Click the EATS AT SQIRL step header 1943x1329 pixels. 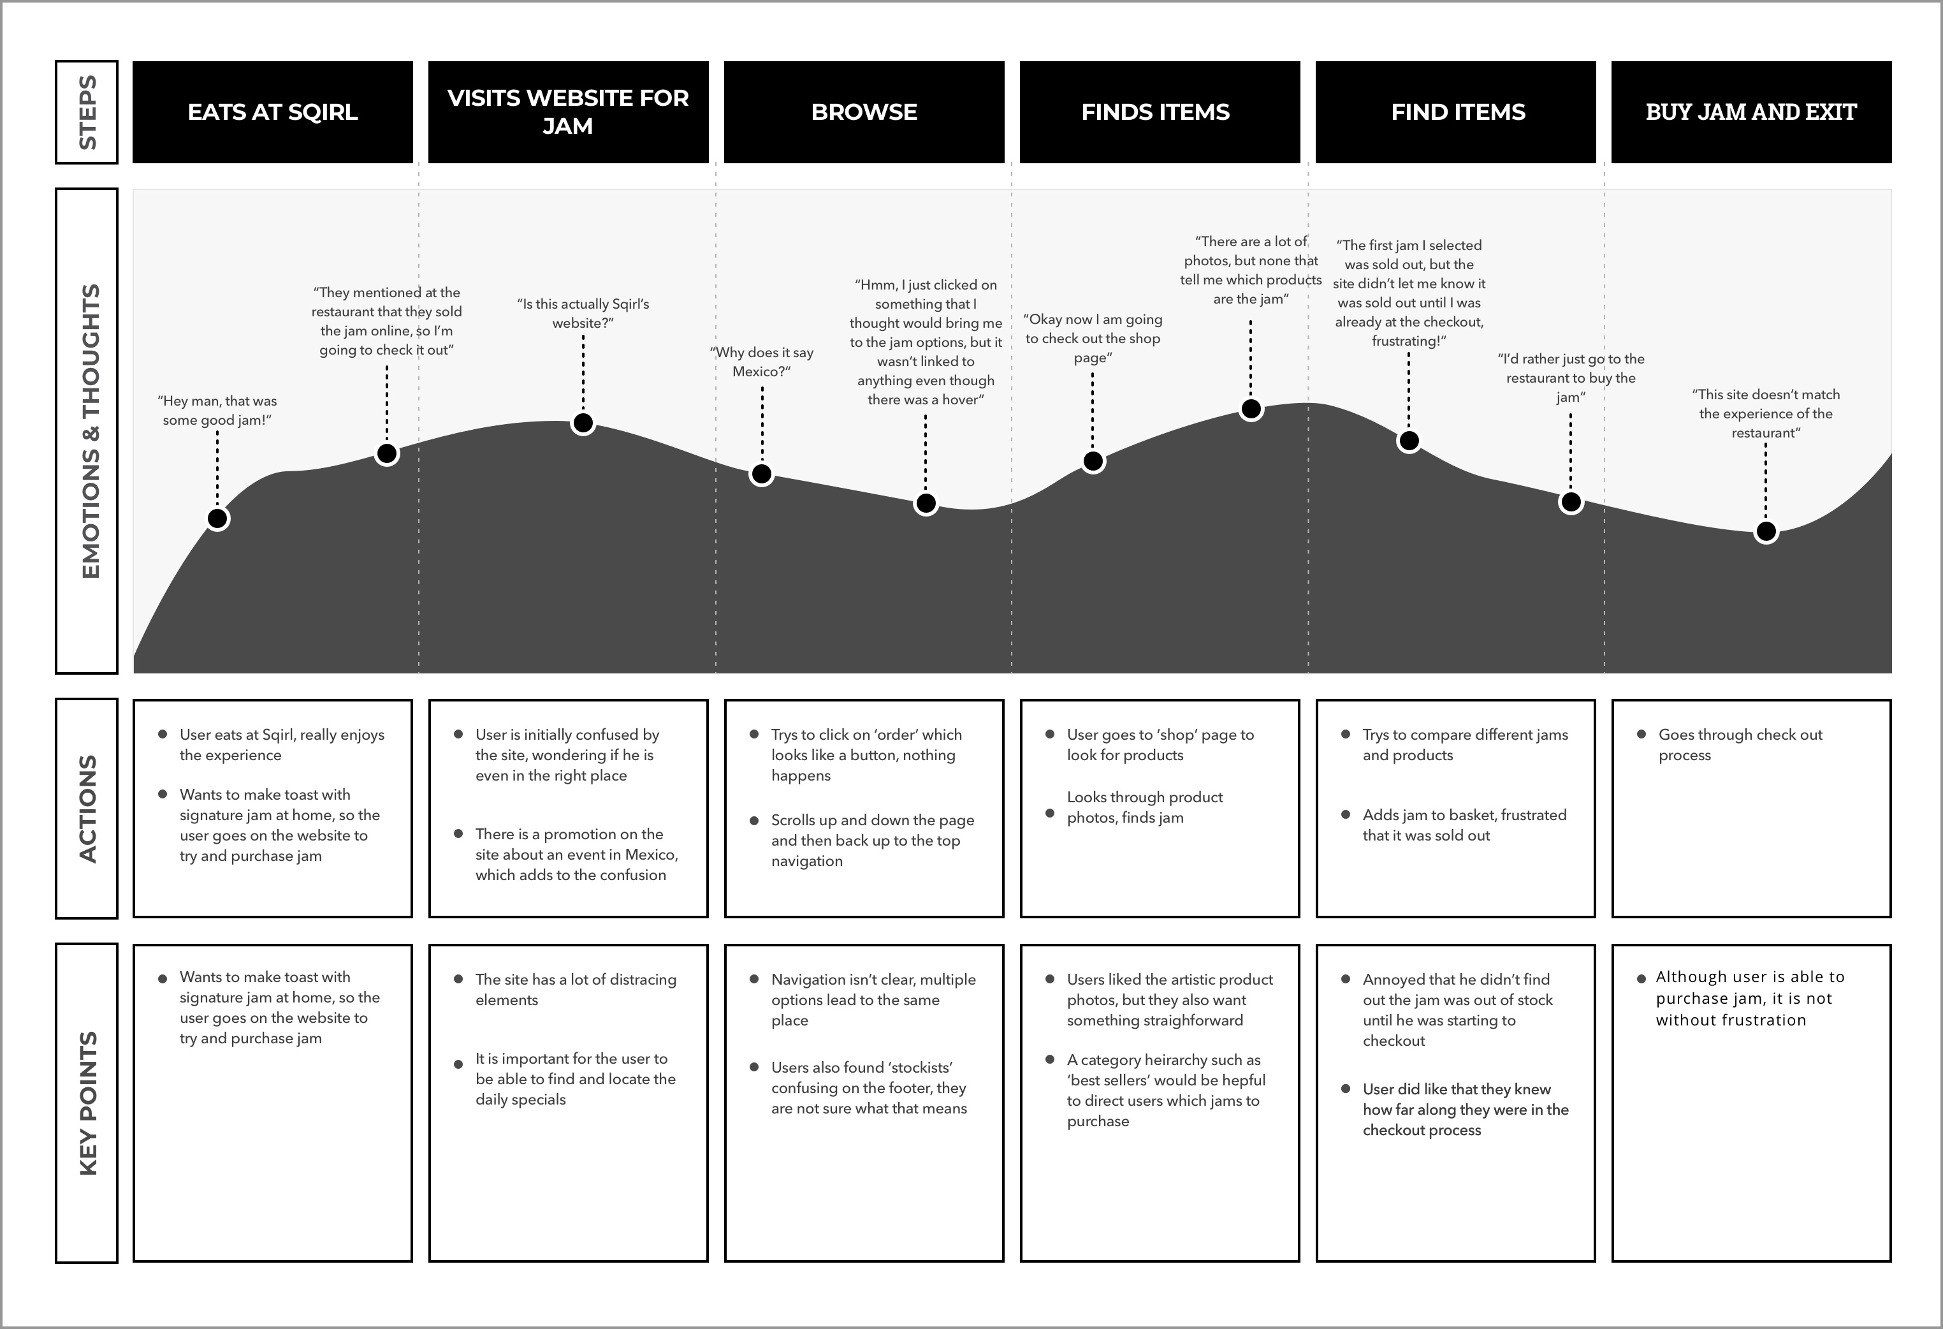click(x=273, y=112)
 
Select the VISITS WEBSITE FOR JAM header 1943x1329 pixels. click(x=568, y=112)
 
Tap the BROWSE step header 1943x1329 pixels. click(x=864, y=112)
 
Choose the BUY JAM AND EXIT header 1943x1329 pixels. click(x=1750, y=112)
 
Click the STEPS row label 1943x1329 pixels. click(x=87, y=112)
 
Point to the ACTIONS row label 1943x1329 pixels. click(x=87, y=808)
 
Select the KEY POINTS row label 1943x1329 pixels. click(x=87, y=1103)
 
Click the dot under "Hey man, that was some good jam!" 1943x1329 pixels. click(x=217, y=518)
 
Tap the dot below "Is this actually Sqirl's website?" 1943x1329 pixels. click(x=583, y=423)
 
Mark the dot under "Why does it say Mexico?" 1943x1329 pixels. click(x=760, y=474)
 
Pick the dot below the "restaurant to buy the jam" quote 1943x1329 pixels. click(x=1571, y=502)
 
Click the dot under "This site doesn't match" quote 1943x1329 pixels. click(x=1766, y=531)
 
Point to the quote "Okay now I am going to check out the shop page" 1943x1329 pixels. click(x=1092, y=339)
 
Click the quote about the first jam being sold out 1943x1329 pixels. click(x=1409, y=293)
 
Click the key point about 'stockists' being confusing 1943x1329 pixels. click(x=869, y=1087)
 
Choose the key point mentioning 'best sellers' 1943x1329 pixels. click(x=1165, y=1090)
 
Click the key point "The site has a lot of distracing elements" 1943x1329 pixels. click(x=575, y=990)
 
